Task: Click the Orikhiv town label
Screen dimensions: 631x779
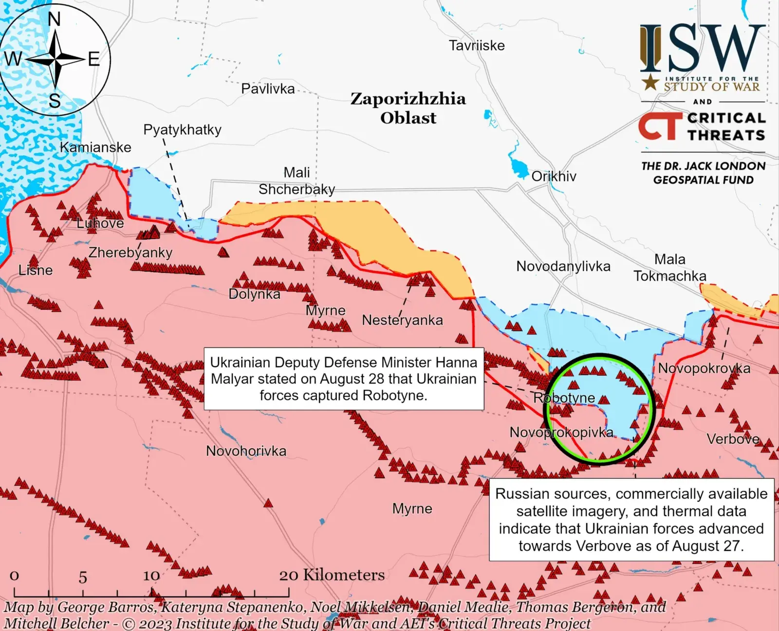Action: click(554, 176)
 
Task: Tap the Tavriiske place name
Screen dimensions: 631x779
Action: click(477, 46)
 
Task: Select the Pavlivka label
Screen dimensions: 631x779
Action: click(268, 89)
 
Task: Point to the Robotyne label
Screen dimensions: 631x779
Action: click(564, 398)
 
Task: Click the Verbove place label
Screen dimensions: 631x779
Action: click(733, 439)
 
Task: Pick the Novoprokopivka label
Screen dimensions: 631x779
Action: click(561, 432)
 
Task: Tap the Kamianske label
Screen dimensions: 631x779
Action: click(95, 147)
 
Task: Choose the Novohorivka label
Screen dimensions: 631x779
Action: click(246, 451)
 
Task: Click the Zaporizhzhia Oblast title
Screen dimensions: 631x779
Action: click(408, 108)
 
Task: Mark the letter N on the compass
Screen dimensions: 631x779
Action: click(55, 19)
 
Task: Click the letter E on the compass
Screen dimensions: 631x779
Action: click(93, 59)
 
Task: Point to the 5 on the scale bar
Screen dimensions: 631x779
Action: click(83, 577)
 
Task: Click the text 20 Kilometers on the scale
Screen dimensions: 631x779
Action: click(332, 575)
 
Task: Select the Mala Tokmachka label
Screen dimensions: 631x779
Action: click(670, 268)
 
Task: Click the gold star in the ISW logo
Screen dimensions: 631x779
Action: click(650, 82)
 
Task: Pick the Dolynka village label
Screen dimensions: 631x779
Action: click(254, 294)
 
